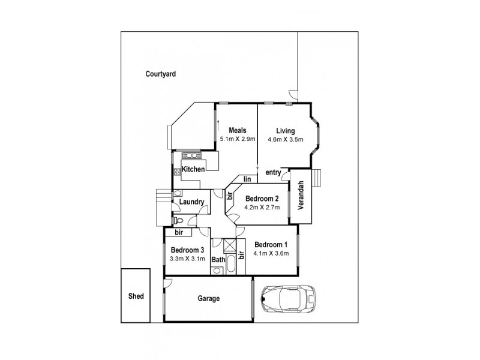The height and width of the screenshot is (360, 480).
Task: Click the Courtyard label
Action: click(160, 74)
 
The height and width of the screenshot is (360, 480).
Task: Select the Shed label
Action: click(136, 296)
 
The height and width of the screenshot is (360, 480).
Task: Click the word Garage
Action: click(209, 298)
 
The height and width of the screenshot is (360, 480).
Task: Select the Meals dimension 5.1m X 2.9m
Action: click(238, 139)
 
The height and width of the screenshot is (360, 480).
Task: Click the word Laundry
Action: click(191, 202)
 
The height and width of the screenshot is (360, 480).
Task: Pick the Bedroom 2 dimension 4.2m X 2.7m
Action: click(263, 208)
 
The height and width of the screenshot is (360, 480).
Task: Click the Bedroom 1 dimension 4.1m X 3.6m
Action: click(272, 253)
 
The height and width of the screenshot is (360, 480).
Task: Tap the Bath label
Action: click(217, 260)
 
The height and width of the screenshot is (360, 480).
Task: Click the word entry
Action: click(274, 173)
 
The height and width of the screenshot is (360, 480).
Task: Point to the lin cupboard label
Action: click(247, 178)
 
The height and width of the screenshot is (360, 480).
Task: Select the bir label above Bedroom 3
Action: click(178, 232)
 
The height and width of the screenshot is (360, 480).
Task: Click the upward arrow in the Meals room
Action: click(218, 128)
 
